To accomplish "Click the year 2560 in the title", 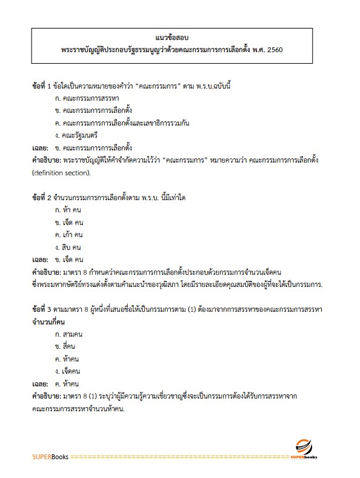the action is [276, 49].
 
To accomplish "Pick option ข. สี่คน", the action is [65, 346].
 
